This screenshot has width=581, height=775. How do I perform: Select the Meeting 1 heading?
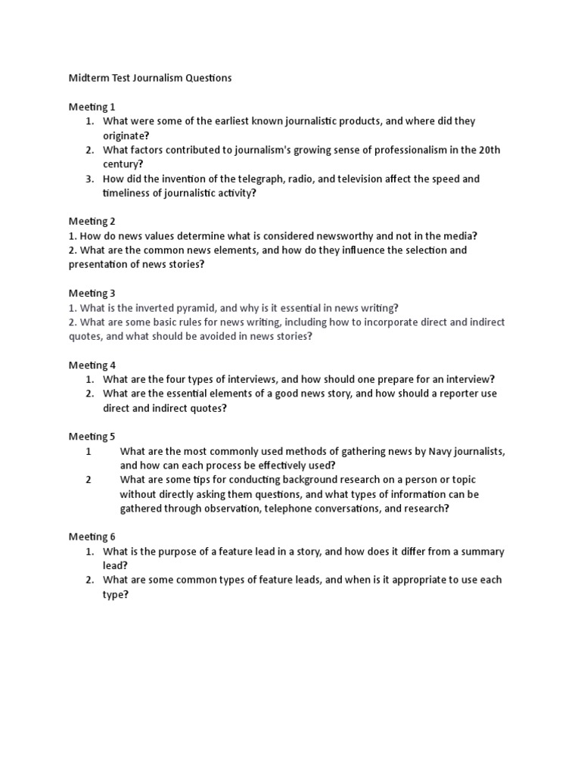(92, 107)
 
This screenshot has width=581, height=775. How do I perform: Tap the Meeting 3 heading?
(92, 293)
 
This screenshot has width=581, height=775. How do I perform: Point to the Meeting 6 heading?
(92, 537)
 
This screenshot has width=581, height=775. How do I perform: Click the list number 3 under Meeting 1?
(89, 179)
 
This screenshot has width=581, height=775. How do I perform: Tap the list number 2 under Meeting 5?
(89, 480)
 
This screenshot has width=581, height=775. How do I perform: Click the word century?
(120, 163)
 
